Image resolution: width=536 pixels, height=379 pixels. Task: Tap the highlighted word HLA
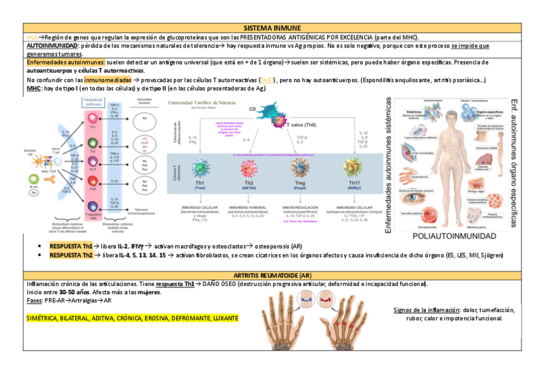coord(32,37)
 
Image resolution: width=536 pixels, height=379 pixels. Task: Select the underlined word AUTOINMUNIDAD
coord(52,46)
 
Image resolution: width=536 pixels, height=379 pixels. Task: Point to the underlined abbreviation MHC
coord(33,89)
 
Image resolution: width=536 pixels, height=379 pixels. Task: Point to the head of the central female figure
coord(454,116)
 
